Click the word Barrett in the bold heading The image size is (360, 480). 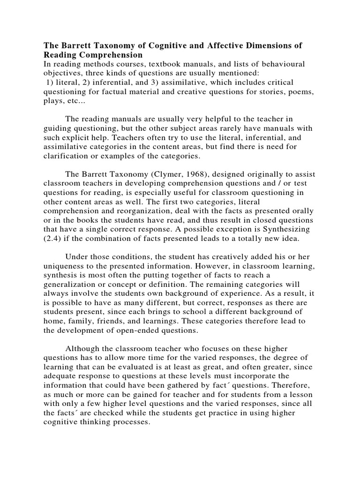click(x=75, y=46)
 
